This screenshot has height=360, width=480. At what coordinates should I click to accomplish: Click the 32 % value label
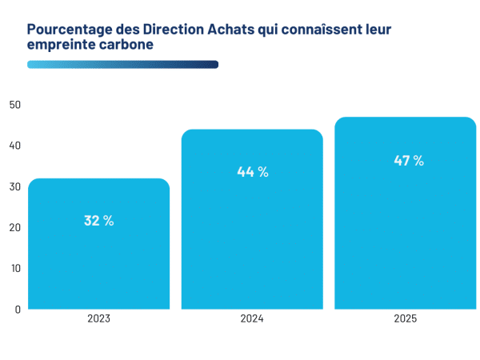tap(98, 221)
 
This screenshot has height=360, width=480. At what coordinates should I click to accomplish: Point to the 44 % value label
tap(252, 171)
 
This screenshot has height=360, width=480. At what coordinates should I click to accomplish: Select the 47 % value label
tap(408, 161)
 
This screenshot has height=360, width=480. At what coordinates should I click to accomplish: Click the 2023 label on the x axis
tap(98, 318)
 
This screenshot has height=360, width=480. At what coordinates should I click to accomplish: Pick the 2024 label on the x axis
tap(252, 318)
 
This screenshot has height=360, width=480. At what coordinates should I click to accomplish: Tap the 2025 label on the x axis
tap(405, 318)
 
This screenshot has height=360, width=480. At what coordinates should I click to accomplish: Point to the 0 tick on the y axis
tap(17, 309)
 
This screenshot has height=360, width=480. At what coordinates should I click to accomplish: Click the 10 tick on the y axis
tap(15, 268)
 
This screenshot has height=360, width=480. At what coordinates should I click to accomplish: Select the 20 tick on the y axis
tap(15, 227)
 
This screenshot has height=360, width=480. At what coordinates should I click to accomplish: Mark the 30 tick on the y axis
tap(15, 186)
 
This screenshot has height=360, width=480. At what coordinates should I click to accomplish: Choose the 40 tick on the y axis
tap(15, 146)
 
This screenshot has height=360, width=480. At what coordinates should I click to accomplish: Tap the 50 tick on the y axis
tap(15, 105)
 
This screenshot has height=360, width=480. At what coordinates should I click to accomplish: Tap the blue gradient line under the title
tap(122, 65)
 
